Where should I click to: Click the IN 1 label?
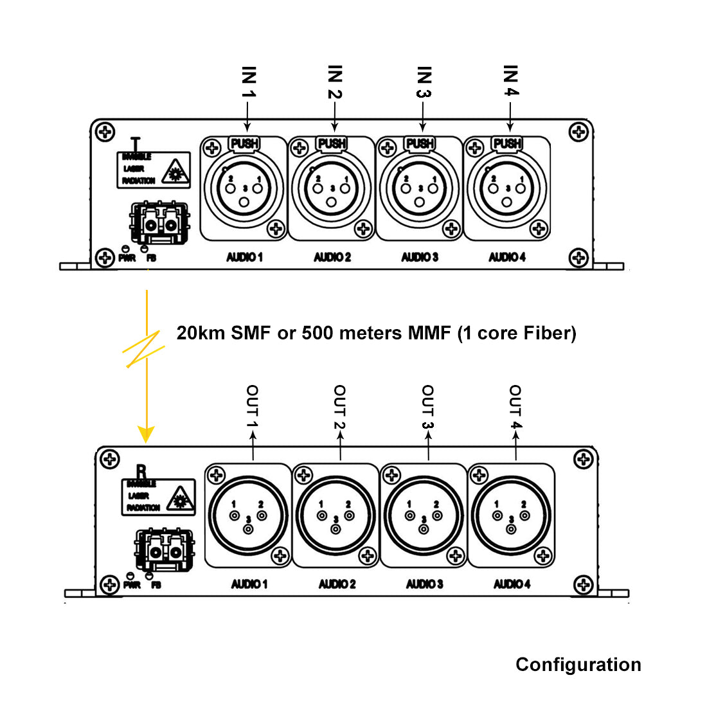(x=249, y=82)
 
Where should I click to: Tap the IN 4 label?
(x=510, y=81)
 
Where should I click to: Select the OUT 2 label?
(x=339, y=407)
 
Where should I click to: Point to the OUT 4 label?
(x=515, y=407)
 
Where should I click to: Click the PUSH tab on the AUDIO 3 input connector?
(x=420, y=143)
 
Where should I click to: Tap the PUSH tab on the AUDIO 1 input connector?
(x=244, y=143)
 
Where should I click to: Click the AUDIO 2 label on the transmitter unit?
(x=332, y=257)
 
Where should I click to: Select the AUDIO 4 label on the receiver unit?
(x=512, y=584)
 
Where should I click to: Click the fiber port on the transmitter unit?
(x=160, y=224)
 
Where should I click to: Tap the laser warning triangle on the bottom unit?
(x=180, y=499)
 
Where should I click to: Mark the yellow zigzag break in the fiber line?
(x=145, y=350)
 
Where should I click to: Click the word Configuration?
(x=578, y=665)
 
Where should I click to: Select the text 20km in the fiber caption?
(x=201, y=333)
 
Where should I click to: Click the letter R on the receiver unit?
(x=141, y=472)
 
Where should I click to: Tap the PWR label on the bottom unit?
(x=132, y=586)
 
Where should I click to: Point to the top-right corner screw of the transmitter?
(x=579, y=133)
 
